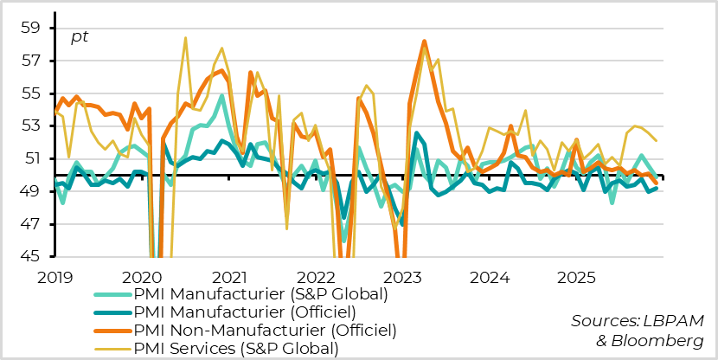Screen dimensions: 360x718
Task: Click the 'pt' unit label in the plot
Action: coord(79,37)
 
